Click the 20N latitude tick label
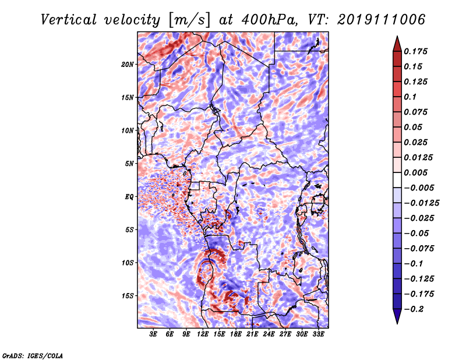128,64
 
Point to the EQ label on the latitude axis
129,196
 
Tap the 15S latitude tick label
128,295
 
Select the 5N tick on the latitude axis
130,163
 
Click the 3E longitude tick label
154,334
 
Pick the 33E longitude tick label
319,334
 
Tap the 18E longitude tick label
236,334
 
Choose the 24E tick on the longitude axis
269,334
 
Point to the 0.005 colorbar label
418,172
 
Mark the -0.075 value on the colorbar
420,248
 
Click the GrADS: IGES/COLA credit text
33,355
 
